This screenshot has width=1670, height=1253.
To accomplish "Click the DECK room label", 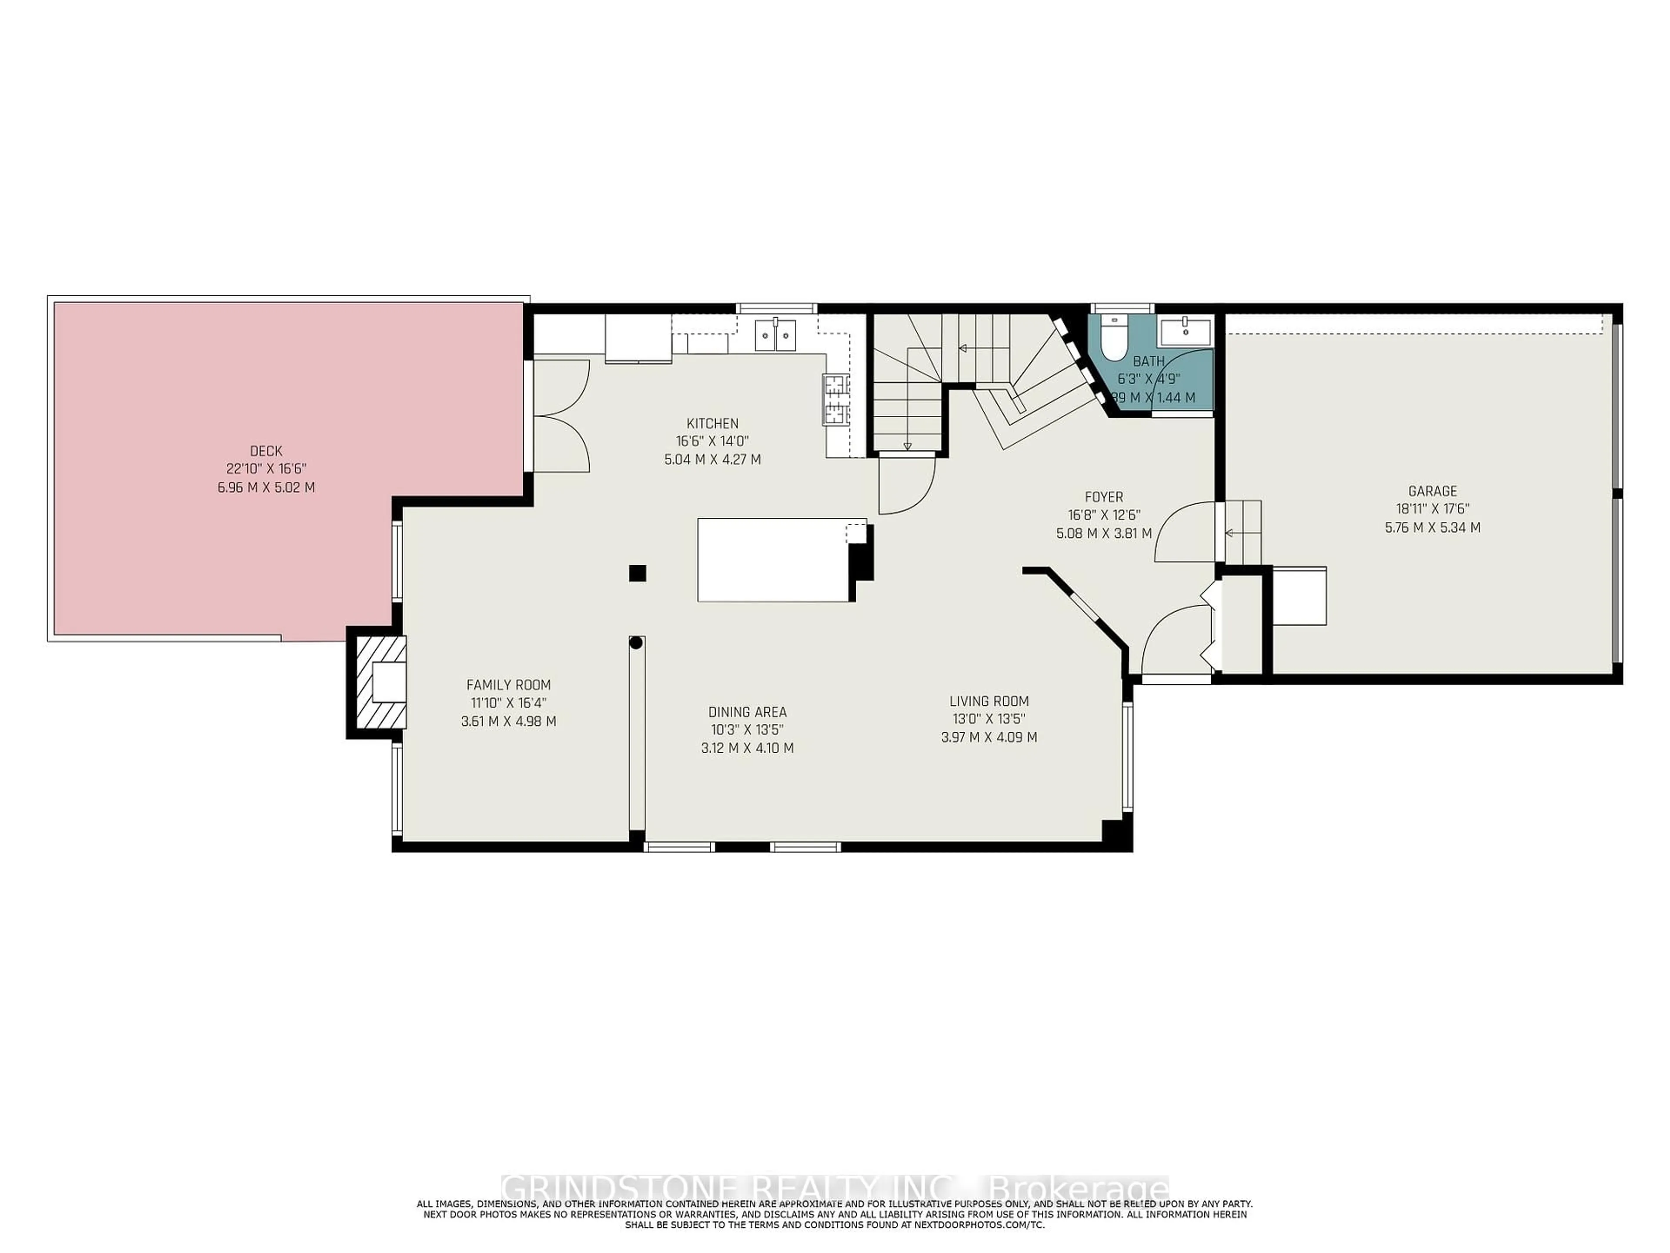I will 266,451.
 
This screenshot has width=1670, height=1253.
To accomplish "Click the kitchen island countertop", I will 774,559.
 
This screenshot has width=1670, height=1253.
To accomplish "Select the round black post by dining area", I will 636,643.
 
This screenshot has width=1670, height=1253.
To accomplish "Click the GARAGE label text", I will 1432,491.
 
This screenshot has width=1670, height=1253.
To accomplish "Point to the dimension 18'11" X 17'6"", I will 1432,509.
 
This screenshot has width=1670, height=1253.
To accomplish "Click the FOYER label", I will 1104,497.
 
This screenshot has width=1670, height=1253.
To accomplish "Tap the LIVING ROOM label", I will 989,701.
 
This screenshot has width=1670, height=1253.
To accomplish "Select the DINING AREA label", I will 747,711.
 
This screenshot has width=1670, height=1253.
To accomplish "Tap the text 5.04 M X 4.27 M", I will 712,459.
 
